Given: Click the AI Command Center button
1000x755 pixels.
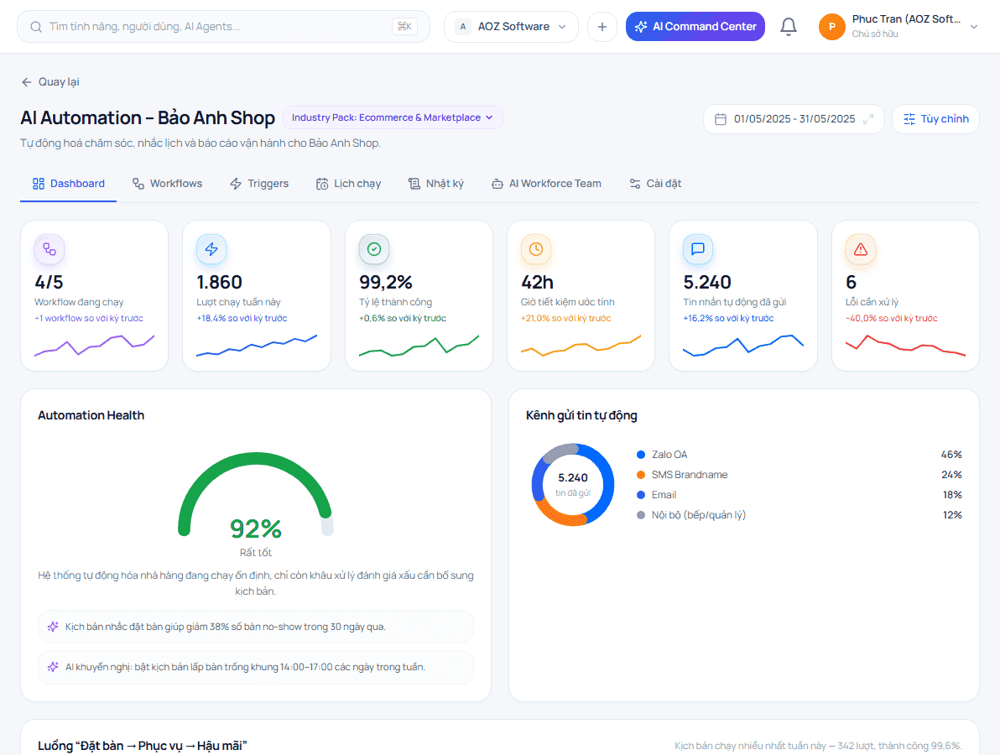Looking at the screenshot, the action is [695, 27].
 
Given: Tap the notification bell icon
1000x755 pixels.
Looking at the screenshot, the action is [789, 27].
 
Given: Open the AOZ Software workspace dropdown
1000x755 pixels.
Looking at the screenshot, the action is [511, 27].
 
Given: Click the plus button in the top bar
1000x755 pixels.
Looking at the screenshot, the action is [602, 27].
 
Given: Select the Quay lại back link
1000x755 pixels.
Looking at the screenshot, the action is [50, 81].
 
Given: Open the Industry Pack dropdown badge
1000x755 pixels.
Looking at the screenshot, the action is [393, 117].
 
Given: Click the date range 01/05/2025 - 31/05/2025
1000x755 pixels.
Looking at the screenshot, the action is [794, 119].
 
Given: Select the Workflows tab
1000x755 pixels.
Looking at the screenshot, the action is [167, 184].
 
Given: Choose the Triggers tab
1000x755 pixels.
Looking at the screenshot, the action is [259, 184].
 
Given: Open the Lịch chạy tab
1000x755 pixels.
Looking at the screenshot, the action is [348, 184].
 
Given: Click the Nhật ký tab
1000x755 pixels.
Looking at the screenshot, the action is [436, 184].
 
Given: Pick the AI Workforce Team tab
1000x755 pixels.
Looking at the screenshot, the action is [546, 184].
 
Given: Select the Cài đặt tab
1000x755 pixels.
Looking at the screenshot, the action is [655, 184].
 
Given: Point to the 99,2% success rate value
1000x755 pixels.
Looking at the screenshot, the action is [386, 282].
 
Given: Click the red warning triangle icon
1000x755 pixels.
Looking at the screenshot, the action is [861, 249].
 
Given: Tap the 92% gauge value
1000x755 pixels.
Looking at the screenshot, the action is [256, 528].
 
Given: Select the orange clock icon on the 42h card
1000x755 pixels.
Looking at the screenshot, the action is [536, 249].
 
